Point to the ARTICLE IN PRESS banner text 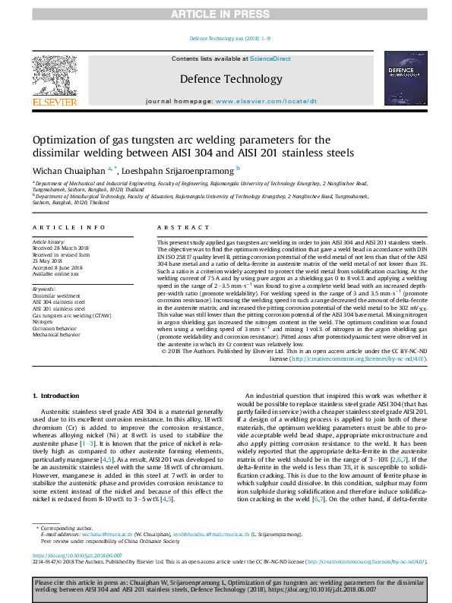tap(226, 14)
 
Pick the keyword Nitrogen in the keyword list tap(43, 321)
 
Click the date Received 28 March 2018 tap(61, 247)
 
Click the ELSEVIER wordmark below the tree tap(54, 102)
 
